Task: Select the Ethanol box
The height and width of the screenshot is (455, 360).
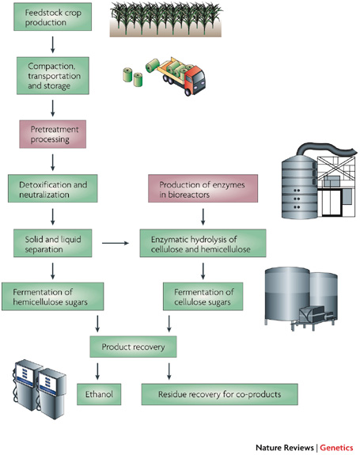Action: pos(100,392)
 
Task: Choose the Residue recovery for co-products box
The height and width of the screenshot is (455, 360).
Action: pos(220,392)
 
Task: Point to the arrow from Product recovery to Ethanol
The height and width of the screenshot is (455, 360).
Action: pos(98,369)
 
